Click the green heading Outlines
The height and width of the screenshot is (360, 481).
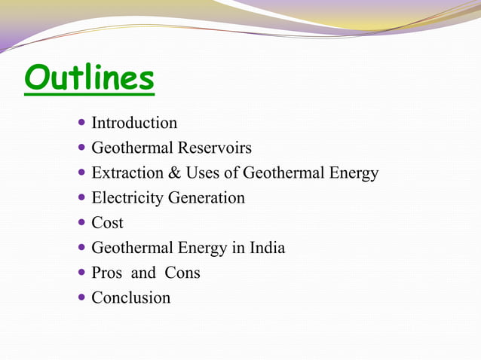click(89, 79)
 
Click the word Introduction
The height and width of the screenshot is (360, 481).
click(134, 123)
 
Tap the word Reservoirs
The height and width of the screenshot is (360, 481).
click(215, 148)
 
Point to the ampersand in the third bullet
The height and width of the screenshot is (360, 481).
click(173, 173)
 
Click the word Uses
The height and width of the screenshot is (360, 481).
click(202, 173)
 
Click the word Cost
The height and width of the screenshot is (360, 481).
click(107, 223)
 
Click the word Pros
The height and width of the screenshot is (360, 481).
click(107, 273)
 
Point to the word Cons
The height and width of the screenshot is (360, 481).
click(182, 273)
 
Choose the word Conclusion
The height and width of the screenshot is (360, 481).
click(131, 297)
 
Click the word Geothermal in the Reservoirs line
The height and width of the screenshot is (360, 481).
click(131, 148)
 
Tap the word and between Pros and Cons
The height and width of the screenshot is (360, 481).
click(142, 273)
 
